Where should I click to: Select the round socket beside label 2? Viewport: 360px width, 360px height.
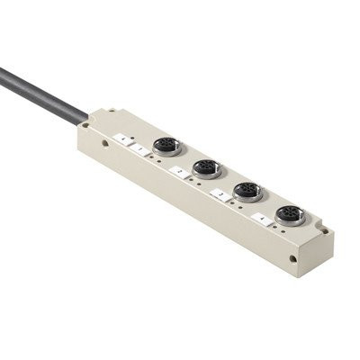[x=206, y=168]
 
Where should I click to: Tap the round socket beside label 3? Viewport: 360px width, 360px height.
[x=248, y=192]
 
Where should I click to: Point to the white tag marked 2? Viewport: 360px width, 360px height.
[x=180, y=170]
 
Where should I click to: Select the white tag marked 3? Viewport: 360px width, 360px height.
[x=220, y=193]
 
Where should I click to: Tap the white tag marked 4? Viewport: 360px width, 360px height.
[x=261, y=217]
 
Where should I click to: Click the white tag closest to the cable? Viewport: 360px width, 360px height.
[x=121, y=139]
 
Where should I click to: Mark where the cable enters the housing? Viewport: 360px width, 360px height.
[x=87, y=117]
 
